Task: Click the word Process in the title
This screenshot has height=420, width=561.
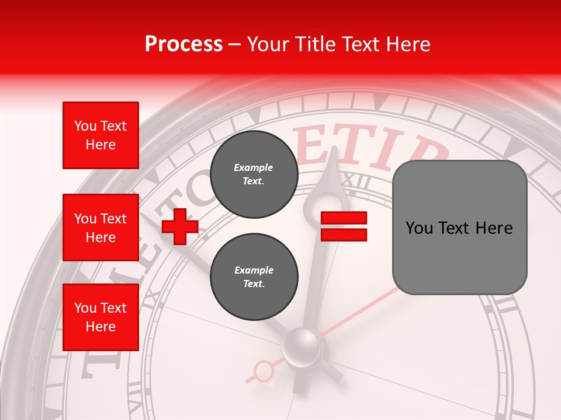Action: (x=183, y=44)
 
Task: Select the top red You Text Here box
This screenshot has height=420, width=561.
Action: (x=101, y=135)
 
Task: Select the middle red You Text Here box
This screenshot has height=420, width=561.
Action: (x=101, y=228)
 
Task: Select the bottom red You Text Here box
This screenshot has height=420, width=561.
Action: (x=101, y=317)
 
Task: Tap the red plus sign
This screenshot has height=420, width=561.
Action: (x=180, y=226)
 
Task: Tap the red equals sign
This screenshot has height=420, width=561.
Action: (x=344, y=226)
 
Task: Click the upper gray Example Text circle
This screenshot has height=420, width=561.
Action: (x=254, y=174)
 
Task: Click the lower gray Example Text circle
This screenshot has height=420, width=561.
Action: (x=254, y=276)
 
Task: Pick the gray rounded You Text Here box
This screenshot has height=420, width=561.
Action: (x=459, y=228)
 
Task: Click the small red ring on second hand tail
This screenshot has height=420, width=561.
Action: (x=264, y=370)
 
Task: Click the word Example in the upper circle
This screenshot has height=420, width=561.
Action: (x=254, y=167)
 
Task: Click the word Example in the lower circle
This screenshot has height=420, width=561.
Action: (x=254, y=270)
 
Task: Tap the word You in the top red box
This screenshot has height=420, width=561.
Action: (x=84, y=126)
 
